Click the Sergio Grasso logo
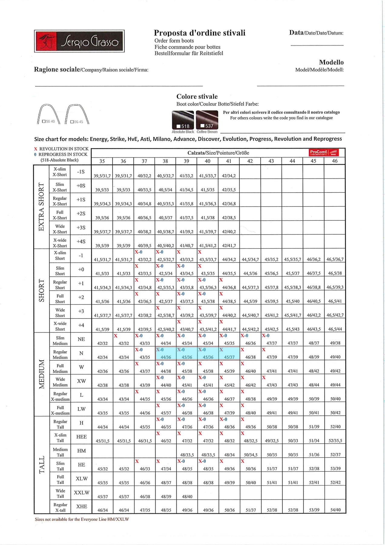(79, 41)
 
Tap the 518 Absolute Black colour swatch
(183, 120)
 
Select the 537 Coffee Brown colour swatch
(207, 120)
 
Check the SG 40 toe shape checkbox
(44, 121)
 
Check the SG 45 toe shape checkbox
(72, 122)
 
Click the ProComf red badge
(324, 152)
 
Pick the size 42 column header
(250, 161)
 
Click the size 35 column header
(102, 161)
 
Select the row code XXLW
(81, 493)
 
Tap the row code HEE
(81, 437)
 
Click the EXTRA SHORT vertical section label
(41, 207)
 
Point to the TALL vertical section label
(42, 465)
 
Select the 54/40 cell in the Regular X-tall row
(335, 510)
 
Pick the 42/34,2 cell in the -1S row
(229, 176)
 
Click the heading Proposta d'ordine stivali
(199, 33)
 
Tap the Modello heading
(331, 62)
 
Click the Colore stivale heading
(197, 97)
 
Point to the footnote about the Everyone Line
(82, 519)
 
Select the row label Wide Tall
(60, 494)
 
